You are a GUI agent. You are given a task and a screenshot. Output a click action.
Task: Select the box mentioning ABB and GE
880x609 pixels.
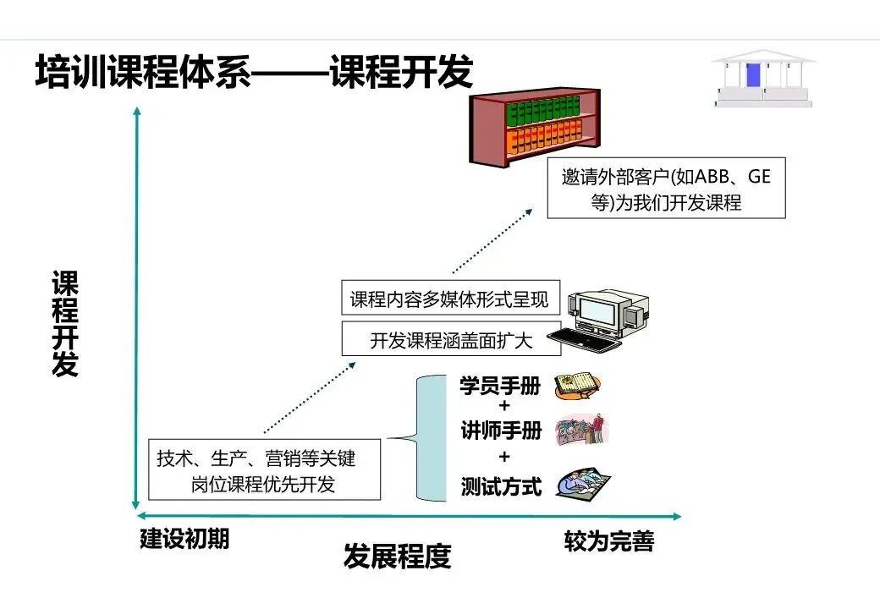tap(666, 188)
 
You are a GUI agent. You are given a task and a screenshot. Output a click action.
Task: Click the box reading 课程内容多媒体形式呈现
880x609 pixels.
tap(449, 299)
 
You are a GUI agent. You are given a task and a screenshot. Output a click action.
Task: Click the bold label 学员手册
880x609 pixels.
tap(500, 387)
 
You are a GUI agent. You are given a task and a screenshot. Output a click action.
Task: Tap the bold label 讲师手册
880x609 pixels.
tap(500, 431)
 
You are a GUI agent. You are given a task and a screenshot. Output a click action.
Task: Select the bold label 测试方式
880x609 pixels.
tap(501, 486)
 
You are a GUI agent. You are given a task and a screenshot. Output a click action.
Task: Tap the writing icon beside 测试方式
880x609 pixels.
tap(583, 484)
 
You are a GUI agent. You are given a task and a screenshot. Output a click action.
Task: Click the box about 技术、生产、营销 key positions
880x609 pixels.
tap(264, 469)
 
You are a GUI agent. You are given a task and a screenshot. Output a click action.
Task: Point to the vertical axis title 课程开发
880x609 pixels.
tap(65, 323)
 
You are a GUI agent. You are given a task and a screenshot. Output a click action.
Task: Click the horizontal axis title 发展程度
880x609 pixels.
tap(397, 557)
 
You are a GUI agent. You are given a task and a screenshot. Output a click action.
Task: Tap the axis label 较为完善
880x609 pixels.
tap(608, 541)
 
